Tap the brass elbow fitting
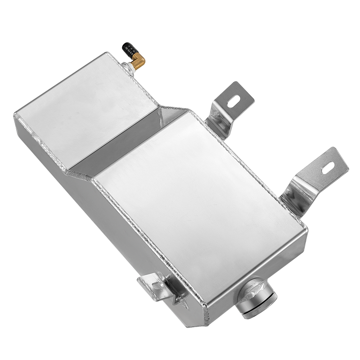(x=139, y=58)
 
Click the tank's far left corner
(x=16, y=115)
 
